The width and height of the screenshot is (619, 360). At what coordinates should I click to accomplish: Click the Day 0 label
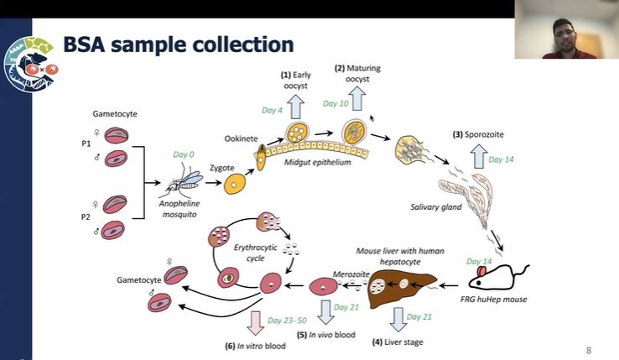pyautogui.click(x=184, y=154)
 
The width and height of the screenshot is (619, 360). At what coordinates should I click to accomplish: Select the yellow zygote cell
pyautogui.click(x=235, y=183)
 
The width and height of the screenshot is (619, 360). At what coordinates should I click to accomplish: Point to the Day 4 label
pyautogui.click(x=273, y=110)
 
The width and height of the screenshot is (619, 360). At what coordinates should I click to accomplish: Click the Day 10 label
pyautogui.click(x=336, y=103)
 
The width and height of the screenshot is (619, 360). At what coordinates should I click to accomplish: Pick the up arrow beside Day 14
pyautogui.click(x=477, y=156)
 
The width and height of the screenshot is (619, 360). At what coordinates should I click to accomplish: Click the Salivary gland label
pyautogui.click(x=435, y=206)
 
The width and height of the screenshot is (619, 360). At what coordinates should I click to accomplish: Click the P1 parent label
pyautogui.click(x=86, y=144)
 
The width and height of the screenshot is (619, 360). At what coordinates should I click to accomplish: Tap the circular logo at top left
pyautogui.click(x=29, y=62)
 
